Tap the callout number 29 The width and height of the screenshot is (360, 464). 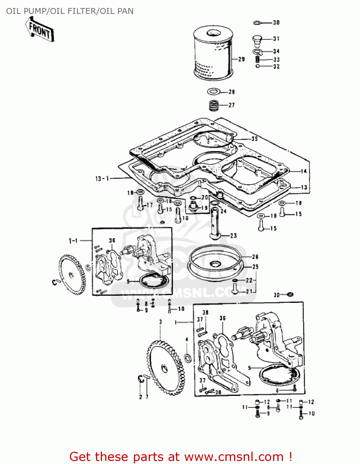(242, 59)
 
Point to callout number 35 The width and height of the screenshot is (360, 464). (254, 139)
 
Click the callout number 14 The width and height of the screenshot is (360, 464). (303, 171)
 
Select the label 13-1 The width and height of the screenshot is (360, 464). (102, 178)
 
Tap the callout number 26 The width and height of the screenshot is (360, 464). (255, 257)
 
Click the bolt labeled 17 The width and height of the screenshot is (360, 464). (140, 204)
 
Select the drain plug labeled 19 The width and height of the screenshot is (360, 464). (193, 207)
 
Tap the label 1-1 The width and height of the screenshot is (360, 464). (73, 241)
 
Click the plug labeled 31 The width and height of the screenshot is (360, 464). (257, 40)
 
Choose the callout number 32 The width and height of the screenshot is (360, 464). (276, 67)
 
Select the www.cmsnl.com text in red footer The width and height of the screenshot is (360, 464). (234, 457)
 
